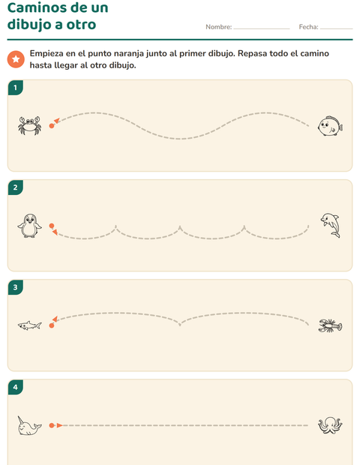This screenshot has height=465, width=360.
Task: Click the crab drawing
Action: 30,125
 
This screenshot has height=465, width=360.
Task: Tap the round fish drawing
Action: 330,126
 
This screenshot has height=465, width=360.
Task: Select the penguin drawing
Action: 29,226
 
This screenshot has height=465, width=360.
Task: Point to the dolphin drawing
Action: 330,225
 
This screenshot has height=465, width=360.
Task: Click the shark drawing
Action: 30,325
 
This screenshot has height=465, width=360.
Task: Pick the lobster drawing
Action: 330,325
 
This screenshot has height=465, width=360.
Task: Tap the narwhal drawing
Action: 29,425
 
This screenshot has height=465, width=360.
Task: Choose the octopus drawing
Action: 330,425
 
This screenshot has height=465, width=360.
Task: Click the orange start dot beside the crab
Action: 52,126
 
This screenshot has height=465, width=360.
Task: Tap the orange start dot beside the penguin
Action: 52,226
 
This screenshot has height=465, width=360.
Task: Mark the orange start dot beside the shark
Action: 52,325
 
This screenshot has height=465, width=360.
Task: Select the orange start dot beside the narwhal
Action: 52,425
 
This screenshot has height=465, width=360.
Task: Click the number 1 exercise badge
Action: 16,88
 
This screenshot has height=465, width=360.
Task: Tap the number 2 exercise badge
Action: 16,187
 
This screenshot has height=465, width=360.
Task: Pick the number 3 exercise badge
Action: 16,287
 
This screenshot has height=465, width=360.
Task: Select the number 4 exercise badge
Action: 16,387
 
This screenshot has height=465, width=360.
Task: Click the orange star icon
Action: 16,59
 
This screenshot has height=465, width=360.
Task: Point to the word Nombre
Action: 218,27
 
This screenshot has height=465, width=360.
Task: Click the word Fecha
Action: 308,27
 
